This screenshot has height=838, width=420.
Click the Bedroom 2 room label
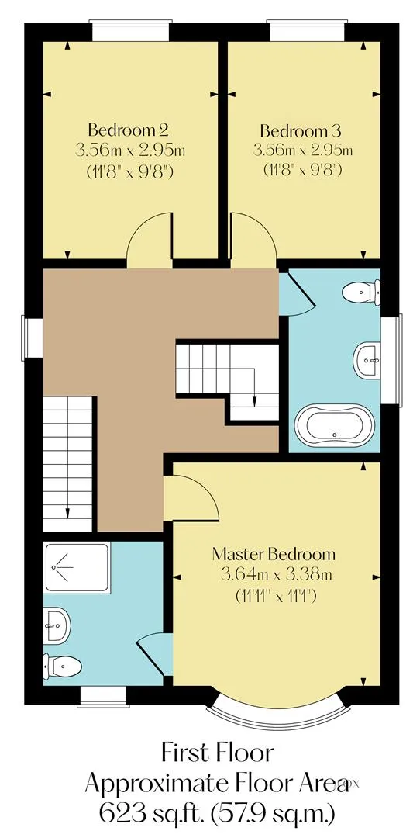point(129,130)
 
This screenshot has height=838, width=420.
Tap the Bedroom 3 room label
point(301,130)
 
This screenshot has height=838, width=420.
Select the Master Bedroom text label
point(274,554)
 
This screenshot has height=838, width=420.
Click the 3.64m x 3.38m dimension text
point(277,574)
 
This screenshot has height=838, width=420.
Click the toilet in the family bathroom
point(362,292)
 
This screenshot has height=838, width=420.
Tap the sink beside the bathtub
point(367,360)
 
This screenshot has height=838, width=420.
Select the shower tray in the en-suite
point(77,567)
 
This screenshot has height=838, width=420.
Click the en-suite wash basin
point(56,625)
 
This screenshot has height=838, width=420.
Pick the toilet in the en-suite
point(63,666)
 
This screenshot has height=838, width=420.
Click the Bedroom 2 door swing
point(150,240)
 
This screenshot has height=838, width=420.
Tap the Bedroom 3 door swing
point(252,240)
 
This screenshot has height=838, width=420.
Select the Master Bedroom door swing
point(191,497)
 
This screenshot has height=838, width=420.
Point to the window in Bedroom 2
point(132,30)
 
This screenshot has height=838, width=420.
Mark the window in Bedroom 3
point(306,30)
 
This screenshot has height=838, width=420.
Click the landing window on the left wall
point(33,338)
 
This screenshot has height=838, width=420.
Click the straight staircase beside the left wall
point(67,463)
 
